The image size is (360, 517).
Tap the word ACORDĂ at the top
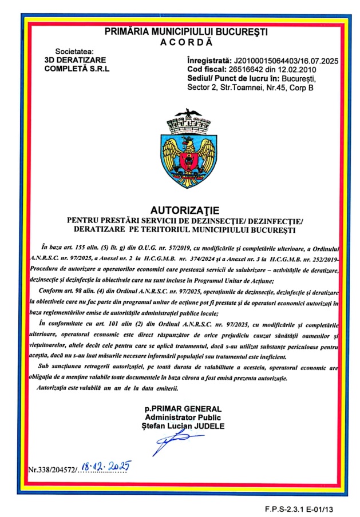[185, 42]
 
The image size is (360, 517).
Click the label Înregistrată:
[209, 60]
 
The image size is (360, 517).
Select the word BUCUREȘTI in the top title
[242, 32]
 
